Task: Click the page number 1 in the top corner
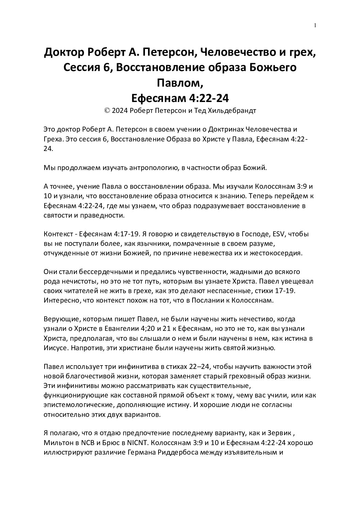(x=315, y=25)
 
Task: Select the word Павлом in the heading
(x=179, y=83)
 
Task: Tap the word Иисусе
(x=54, y=348)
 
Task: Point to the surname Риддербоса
(x=197, y=453)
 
